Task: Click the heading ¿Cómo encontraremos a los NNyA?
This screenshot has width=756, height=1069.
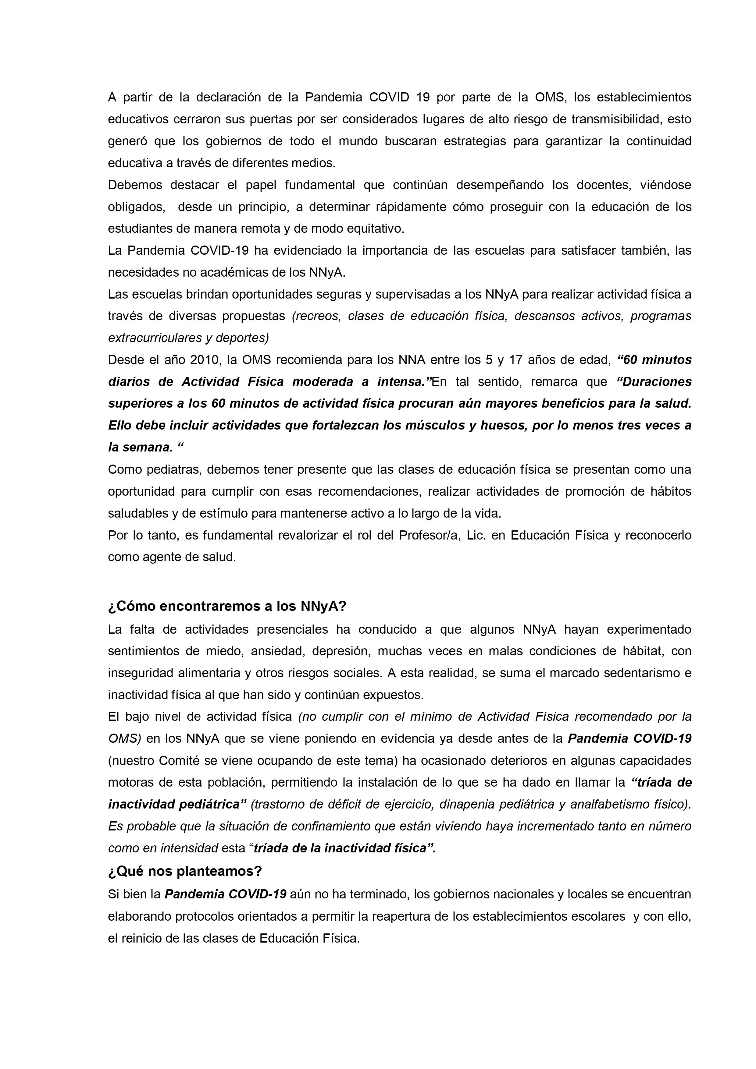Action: pyautogui.click(x=227, y=606)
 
